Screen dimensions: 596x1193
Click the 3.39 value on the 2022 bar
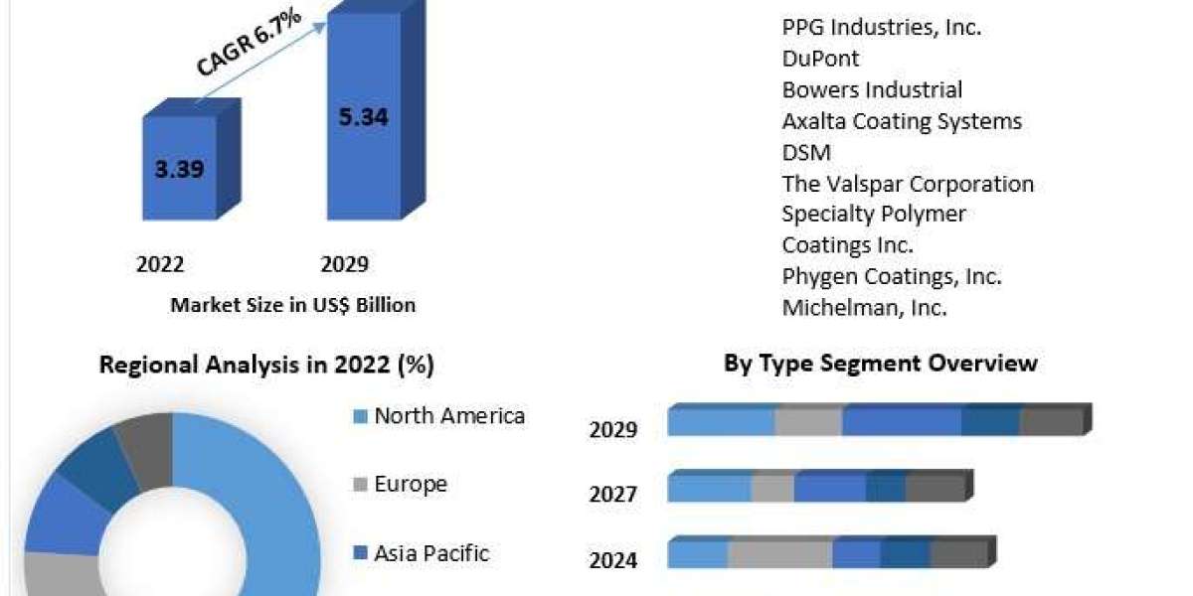tap(179, 169)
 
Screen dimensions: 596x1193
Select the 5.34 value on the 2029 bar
tap(363, 117)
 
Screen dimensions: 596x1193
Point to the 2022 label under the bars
tap(160, 264)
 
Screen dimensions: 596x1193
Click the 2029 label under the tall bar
tap(344, 264)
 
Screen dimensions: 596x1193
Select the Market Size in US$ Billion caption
tap(292, 305)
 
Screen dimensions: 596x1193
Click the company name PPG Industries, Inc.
tap(882, 28)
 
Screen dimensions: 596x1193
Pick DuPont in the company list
tap(820, 59)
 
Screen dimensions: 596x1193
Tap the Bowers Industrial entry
tap(872, 89)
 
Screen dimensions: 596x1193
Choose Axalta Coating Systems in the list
tap(902, 121)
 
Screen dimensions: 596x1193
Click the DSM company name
tap(806, 152)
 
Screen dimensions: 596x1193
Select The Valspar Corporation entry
tap(908, 184)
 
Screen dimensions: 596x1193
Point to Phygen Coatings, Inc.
tap(892, 276)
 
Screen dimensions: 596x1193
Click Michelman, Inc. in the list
tap(864, 308)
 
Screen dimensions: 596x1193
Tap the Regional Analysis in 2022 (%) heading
tap(266, 365)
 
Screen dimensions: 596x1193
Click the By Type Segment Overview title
tap(880, 363)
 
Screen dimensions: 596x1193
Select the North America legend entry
tap(448, 416)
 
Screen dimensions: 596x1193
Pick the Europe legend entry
tap(410, 485)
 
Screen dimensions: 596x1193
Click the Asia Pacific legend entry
tap(430, 553)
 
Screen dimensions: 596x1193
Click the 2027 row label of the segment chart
tap(612, 494)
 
